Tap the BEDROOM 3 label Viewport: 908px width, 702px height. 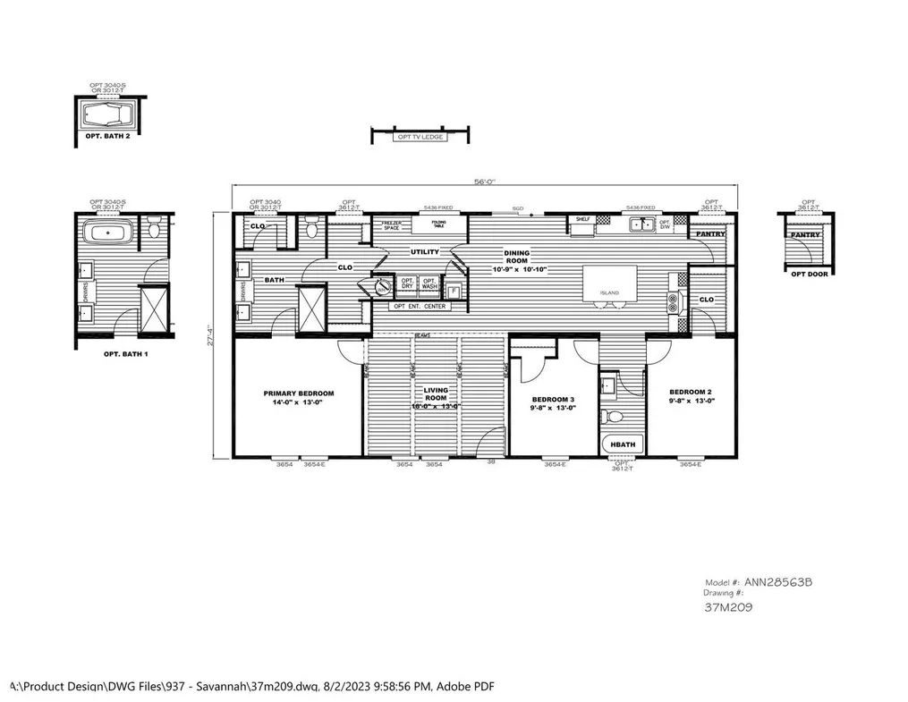554,402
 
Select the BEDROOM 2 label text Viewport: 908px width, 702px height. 690,396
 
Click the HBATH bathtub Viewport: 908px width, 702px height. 621,444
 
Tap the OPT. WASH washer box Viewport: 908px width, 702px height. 430,285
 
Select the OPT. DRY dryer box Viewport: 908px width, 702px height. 407,285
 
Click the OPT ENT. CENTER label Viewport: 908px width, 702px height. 420,307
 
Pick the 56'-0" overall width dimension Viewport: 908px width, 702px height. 484,182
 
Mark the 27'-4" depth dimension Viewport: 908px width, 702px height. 210,335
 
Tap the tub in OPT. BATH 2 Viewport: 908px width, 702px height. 109,115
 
